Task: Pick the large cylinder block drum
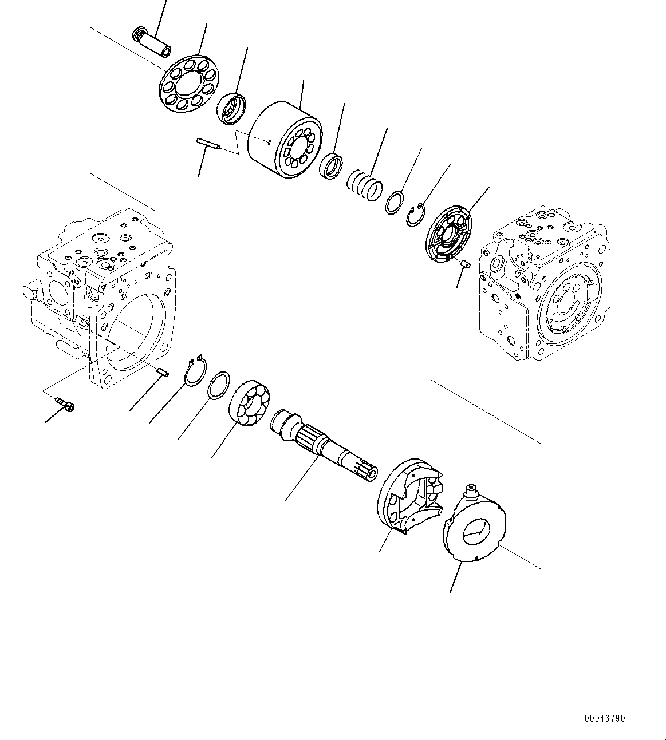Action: tap(283, 140)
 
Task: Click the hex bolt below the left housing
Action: tap(66, 406)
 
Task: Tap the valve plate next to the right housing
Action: tap(450, 236)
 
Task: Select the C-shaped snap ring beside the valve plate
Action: tap(416, 215)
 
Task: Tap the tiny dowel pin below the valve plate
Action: tap(466, 264)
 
